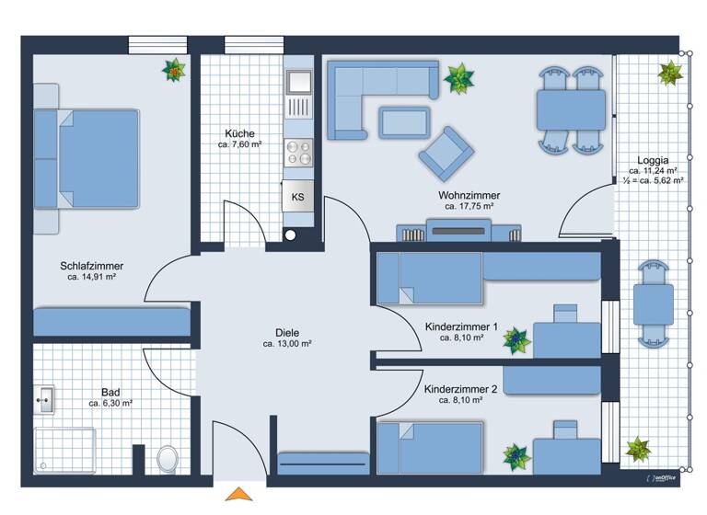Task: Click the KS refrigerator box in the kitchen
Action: click(297, 197)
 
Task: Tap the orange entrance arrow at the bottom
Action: click(240, 495)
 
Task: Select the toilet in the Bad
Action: click(168, 456)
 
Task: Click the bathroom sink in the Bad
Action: click(44, 398)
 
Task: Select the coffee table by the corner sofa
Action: click(404, 120)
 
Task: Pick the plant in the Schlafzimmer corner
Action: click(173, 70)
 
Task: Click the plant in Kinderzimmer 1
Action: click(516, 341)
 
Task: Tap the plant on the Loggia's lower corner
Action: click(638, 450)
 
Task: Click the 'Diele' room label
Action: click(287, 333)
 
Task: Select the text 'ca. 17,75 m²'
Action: click(469, 207)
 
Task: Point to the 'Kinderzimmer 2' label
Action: click(461, 389)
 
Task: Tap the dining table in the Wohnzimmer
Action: click(571, 109)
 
